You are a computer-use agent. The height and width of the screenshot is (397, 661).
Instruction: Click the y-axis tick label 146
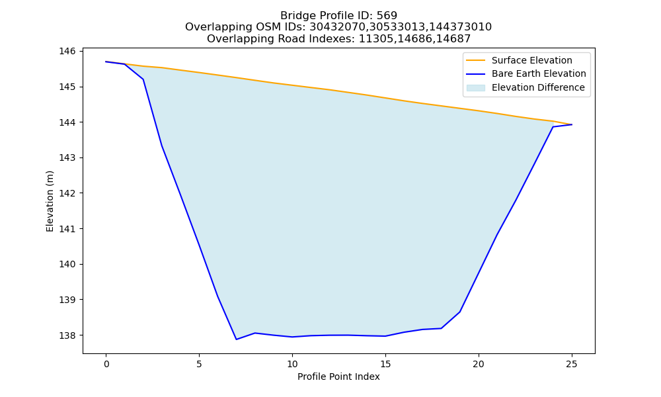(67, 52)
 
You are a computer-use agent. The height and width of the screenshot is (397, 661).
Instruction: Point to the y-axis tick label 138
(67, 335)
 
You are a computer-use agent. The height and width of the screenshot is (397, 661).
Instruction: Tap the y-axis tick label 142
(67, 193)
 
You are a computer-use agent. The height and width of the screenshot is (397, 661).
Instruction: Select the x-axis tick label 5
(199, 364)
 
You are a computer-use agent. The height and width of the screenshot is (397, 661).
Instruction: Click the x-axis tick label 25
(572, 364)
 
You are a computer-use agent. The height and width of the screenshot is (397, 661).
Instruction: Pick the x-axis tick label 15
(385, 364)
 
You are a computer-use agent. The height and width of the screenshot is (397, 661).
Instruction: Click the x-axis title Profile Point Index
(338, 376)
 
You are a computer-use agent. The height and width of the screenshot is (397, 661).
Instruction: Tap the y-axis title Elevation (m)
(50, 201)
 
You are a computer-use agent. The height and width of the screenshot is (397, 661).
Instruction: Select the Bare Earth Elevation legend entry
(526, 74)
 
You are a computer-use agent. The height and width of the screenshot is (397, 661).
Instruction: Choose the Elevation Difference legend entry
(525, 88)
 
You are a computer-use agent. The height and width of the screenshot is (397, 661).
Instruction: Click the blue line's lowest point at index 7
(237, 339)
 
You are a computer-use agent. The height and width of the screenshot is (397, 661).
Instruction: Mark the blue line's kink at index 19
(460, 312)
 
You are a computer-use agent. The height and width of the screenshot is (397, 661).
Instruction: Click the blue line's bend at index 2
(143, 79)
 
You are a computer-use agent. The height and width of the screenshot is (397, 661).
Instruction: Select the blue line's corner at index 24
(553, 126)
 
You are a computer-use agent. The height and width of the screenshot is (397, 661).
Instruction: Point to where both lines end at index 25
(572, 124)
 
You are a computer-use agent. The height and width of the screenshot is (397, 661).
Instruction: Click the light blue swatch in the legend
(475, 88)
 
